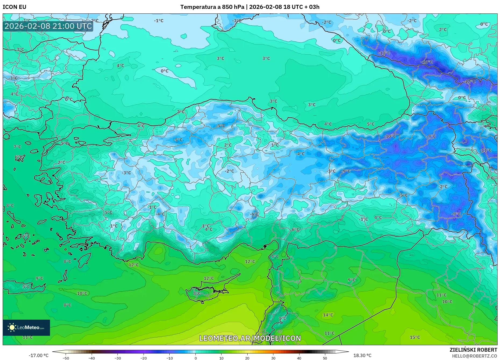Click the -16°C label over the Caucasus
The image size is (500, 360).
(427, 62)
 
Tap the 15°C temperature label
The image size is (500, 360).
(415, 337)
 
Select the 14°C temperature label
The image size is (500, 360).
(328, 315)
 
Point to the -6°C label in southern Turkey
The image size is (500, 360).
(254, 214)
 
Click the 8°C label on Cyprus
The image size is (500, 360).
(197, 293)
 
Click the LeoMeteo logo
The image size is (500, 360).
(26, 327)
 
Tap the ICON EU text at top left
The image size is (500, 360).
(15, 7)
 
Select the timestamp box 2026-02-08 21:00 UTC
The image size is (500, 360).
(48, 26)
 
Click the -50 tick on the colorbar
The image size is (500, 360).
(66, 358)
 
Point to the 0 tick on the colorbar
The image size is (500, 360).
(195, 358)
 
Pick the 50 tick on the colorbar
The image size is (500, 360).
(325, 358)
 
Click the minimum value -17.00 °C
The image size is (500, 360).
(39, 355)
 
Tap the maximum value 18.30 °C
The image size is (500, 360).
(362, 355)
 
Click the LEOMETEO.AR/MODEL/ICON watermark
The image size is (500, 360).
(250, 338)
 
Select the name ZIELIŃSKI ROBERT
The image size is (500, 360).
(473, 350)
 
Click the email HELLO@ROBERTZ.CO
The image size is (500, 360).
(474, 356)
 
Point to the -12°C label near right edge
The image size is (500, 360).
(469, 82)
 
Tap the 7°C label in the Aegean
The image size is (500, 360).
(17, 147)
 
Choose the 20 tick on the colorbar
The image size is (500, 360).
(247, 358)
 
